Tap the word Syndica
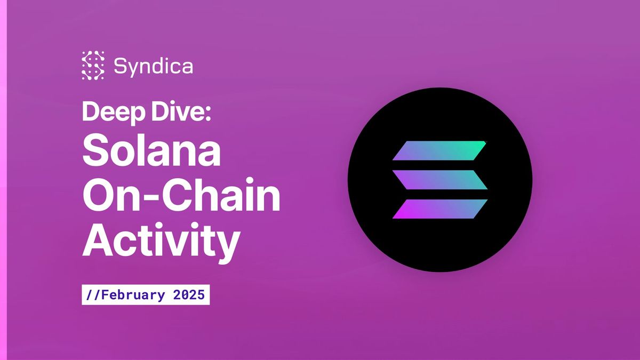click(153, 67)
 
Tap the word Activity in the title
click(160, 241)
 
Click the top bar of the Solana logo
click(440, 151)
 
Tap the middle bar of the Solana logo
click(440, 180)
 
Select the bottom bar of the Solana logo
click(440, 209)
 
